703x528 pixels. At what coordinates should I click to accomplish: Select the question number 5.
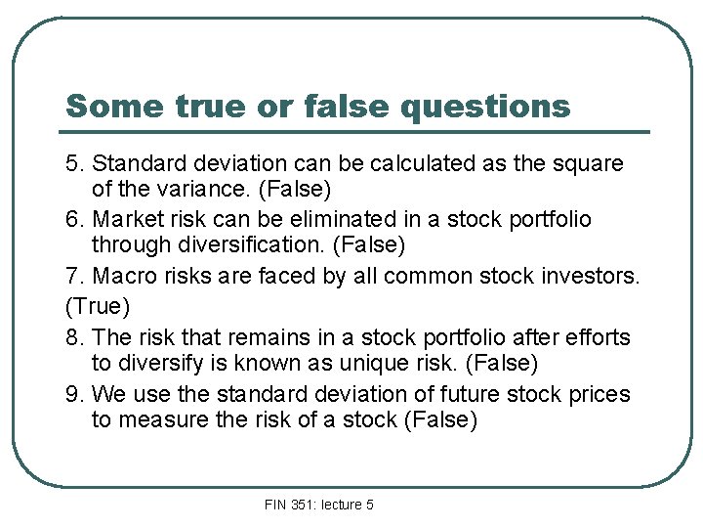click(71, 163)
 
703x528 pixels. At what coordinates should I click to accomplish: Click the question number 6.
click(71, 220)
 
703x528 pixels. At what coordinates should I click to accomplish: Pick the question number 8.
click(71, 337)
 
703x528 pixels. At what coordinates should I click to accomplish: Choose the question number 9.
click(71, 395)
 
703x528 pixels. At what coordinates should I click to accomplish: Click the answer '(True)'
click(97, 307)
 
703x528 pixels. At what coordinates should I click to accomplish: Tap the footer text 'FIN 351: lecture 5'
click(319, 505)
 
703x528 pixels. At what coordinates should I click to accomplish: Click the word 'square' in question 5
click(589, 163)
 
